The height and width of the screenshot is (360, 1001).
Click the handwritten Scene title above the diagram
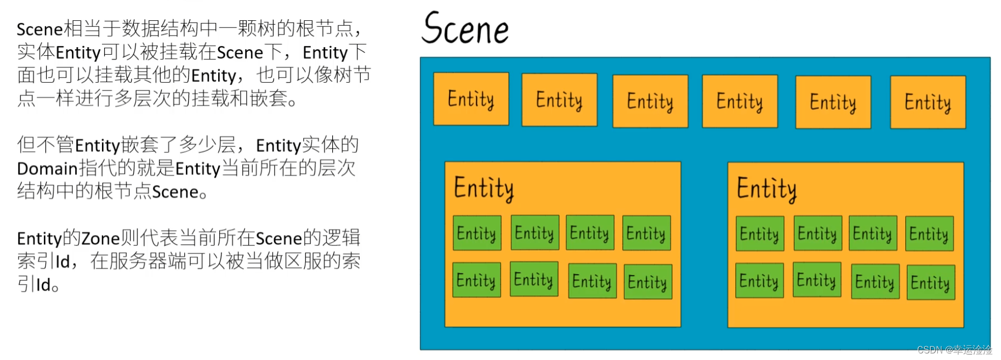pyautogui.click(x=465, y=28)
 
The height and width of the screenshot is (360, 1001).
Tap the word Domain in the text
pyautogui.click(x=47, y=168)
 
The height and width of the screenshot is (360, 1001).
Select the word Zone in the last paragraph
pyautogui.click(x=100, y=238)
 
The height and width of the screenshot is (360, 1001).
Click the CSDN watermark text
pyautogui.click(x=954, y=350)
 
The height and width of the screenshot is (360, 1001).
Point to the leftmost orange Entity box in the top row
pyautogui.click(x=471, y=99)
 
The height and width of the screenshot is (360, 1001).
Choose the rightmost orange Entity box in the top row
pyautogui.click(x=928, y=102)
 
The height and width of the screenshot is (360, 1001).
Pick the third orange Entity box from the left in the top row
pyautogui.click(x=650, y=101)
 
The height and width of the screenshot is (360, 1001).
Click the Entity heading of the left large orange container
pyautogui.click(x=484, y=188)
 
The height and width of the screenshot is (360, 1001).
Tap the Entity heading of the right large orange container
pyautogui.click(x=766, y=189)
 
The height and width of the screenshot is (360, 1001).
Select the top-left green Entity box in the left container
pyautogui.click(x=477, y=233)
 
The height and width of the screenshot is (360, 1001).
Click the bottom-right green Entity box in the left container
pyautogui.click(x=647, y=282)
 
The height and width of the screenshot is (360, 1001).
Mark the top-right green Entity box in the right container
pyautogui.click(x=929, y=234)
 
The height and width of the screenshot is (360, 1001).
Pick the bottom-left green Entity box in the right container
pyautogui.click(x=759, y=281)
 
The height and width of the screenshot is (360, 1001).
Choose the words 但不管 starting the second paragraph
pyautogui.click(x=46, y=145)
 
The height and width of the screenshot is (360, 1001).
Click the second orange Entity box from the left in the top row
pyautogui.click(x=559, y=100)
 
